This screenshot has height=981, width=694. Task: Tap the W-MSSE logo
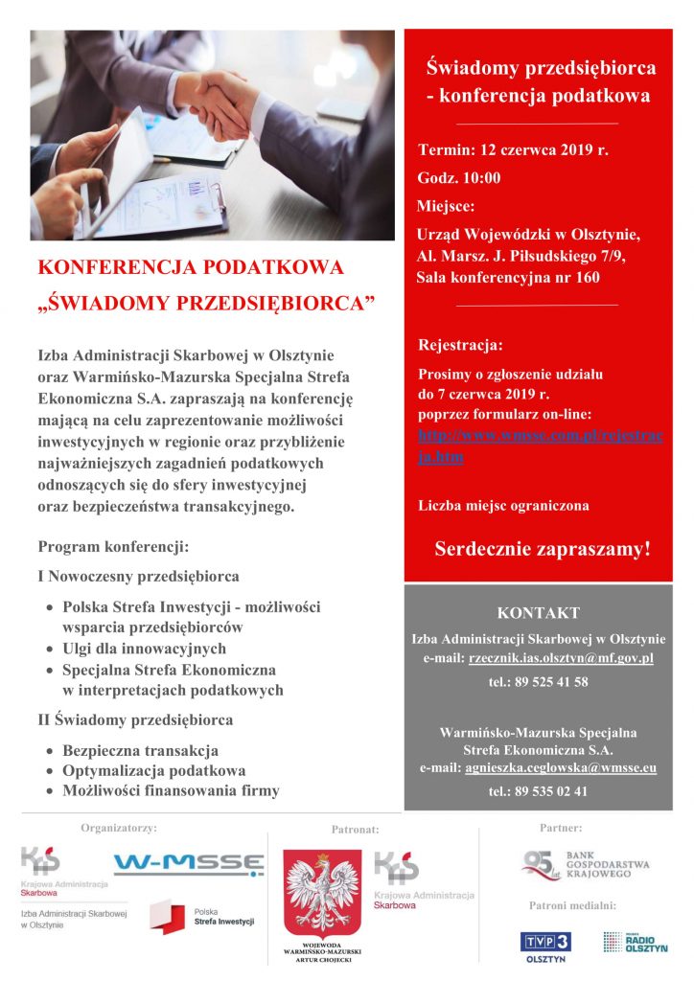coord(189,864)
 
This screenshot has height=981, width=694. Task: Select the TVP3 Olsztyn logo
coord(545,946)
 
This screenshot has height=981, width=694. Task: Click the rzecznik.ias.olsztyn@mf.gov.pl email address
coord(561,658)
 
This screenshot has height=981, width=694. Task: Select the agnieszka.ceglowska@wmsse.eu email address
coord(561,768)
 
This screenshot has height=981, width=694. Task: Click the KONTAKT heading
coord(538,613)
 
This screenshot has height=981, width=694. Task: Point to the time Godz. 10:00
coord(458,178)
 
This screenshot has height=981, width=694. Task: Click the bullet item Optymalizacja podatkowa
coord(153,770)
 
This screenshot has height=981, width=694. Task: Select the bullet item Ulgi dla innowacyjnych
coord(144,649)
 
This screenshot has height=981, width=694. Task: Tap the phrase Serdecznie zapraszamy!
coord(543,550)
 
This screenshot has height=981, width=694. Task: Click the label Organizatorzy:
coord(119,826)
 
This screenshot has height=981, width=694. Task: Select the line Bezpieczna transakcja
coord(140,750)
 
